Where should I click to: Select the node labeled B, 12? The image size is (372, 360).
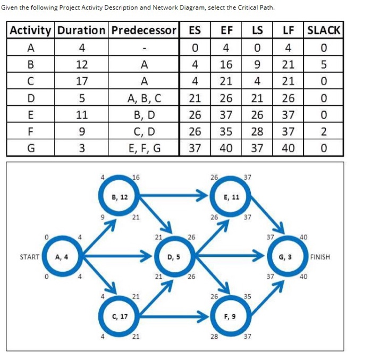120,197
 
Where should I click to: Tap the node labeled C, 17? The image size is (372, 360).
120,316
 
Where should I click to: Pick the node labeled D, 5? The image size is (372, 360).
173,257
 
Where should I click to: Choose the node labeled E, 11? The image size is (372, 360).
231,197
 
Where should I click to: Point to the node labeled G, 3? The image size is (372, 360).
285,257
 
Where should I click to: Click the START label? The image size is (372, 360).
29,257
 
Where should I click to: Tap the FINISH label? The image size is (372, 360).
320,257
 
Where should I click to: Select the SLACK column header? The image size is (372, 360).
324,30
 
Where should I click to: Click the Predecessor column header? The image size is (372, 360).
144,30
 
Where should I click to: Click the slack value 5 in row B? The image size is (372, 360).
324,65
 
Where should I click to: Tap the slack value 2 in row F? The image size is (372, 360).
324,131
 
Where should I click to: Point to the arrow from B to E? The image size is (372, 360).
173,197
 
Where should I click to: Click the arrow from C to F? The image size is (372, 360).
173,316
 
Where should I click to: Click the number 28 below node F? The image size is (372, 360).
214,337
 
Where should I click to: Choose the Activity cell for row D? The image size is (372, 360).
31,98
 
